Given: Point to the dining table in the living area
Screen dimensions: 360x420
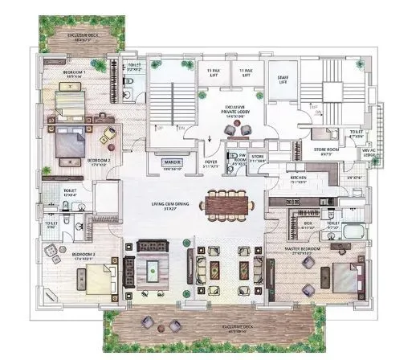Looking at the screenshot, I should (227, 204).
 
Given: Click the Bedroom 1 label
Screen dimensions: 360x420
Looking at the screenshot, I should (74, 73).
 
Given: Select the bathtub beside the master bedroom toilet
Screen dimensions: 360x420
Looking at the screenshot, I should (353, 232).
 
